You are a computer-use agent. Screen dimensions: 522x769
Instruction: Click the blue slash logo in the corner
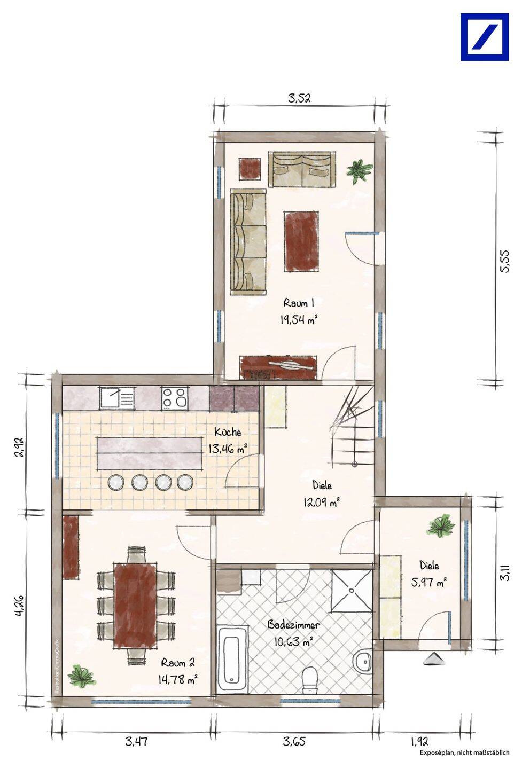(485, 37)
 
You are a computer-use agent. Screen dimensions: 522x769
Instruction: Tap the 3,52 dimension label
(299, 98)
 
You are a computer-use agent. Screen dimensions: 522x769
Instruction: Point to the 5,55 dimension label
(505, 261)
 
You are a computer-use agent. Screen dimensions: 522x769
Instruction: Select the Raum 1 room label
(299, 303)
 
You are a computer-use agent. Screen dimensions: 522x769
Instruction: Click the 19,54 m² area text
(299, 320)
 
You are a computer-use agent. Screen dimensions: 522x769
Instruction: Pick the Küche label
(228, 432)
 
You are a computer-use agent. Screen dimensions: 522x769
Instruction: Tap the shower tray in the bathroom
(352, 591)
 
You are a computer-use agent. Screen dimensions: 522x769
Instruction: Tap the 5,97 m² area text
(428, 582)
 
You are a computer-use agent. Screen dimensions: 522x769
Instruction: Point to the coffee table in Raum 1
(301, 241)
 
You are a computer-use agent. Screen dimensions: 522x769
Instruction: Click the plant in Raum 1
(359, 170)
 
